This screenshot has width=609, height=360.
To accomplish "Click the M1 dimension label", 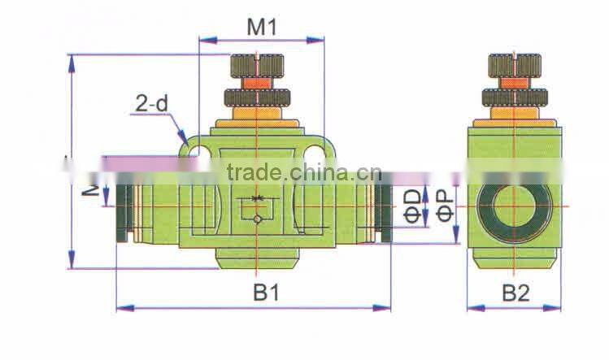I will (x=262, y=27).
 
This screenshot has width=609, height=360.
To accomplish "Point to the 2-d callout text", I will (x=151, y=104).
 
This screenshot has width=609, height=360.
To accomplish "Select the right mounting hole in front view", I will (x=316, y=148).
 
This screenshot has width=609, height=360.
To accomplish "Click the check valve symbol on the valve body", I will (x=258, y=208).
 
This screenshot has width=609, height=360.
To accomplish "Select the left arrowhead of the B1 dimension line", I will (x=121, y=307).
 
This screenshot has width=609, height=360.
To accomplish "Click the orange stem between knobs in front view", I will (x=257, y=82).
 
